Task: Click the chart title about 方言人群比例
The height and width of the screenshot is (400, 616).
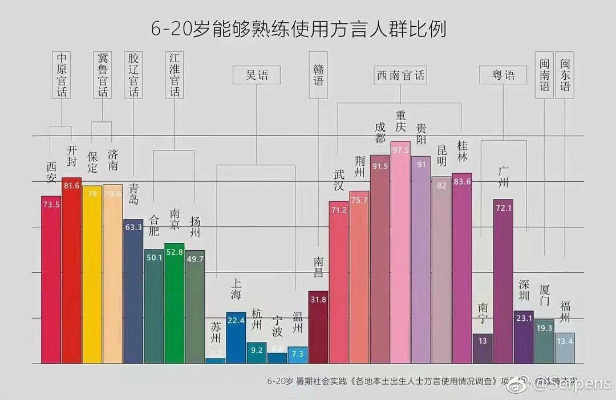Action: (298, 29)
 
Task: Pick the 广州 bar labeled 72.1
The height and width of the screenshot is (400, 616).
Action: (503, 282)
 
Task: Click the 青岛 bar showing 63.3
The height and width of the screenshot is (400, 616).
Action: (133, 291)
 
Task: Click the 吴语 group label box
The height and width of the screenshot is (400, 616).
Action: (256, 75)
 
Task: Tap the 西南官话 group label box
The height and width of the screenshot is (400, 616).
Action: (400, 75)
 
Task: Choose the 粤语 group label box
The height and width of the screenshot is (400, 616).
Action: (504, 75)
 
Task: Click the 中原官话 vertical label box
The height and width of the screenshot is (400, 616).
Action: (62, 75)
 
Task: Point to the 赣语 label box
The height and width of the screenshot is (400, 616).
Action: (318, 75)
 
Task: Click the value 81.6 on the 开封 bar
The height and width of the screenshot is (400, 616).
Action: (71, 186)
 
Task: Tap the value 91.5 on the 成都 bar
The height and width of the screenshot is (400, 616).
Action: (379, 166)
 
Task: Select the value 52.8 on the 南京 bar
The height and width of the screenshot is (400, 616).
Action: (174, 252)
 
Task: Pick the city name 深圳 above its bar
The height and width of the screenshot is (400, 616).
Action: (524, 290)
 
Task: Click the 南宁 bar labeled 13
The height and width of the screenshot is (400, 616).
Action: (483, 349)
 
